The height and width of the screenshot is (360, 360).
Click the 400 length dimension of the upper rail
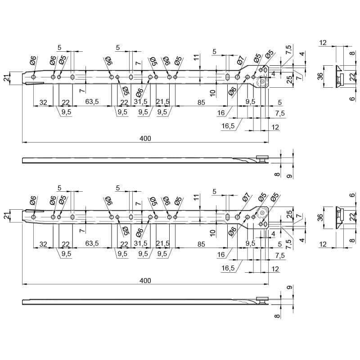click(145, 139)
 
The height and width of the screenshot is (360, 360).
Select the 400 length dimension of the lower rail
click(145, 280)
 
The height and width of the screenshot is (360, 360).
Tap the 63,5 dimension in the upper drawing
click(92, 102)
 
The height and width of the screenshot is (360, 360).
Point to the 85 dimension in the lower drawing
click(201, 244)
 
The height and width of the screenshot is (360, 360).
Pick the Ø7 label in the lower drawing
click(245, 197)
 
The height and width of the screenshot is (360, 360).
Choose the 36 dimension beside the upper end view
click(321, 76)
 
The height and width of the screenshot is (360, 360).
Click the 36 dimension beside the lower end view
click(321, 217)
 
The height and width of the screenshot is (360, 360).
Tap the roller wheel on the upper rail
click(262, 81)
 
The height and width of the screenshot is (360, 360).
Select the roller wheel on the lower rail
click(262, 213)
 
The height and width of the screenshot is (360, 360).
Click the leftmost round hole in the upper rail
click(33, 77)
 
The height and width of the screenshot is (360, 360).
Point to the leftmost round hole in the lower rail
click(33, 217)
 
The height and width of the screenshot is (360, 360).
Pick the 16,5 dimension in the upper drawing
click(228, 126)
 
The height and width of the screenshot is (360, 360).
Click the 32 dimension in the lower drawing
click(43, 244)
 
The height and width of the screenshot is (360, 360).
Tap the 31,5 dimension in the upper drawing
click(141, 102)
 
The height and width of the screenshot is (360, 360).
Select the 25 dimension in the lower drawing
click(290, 214)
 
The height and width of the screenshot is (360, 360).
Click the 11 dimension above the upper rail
click(197, 57)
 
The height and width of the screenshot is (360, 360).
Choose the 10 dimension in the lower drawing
click(213, 233)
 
